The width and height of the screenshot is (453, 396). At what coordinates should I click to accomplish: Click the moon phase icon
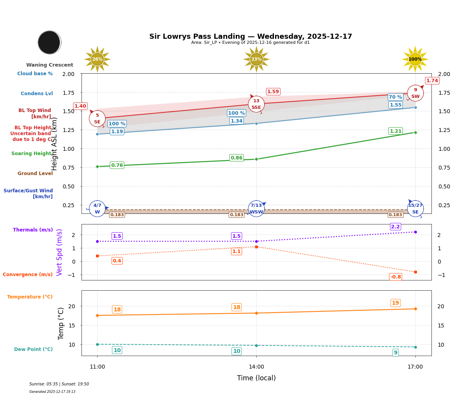[49, 42]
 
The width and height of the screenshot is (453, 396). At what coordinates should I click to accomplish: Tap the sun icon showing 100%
[415, 60]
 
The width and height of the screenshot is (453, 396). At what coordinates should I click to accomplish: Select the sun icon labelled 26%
[97, 60]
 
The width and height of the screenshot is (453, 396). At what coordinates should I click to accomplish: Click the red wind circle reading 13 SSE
[256, 104]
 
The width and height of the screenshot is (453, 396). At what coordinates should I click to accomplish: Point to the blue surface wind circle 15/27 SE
[415, 209]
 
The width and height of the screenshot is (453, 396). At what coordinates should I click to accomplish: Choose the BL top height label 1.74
[432, 81]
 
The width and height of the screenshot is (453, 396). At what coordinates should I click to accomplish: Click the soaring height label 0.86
[236, 158]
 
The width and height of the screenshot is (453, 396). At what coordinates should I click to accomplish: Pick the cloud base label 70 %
[395, 97]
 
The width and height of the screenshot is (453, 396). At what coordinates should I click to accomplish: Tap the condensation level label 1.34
[236, 121]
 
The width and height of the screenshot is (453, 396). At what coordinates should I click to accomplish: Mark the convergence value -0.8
[395, 277]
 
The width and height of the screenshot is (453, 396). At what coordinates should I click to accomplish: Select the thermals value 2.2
[395, 227]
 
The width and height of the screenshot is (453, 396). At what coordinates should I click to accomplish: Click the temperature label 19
[395, 303]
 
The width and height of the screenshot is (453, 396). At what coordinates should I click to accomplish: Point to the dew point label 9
[395, 353]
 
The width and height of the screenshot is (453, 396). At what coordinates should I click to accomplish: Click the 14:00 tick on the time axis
[256, 367]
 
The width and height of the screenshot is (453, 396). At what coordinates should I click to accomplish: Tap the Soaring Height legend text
[31, 154]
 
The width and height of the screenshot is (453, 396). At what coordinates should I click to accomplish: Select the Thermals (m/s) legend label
[33, 230]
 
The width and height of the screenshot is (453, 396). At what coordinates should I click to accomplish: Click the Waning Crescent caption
[50, 65]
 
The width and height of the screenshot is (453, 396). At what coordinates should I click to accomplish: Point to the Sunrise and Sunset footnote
[59, 384]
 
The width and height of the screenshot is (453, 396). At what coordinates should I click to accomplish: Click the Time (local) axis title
[256, 378]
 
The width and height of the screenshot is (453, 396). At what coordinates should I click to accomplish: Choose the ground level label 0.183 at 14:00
[236, 215]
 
